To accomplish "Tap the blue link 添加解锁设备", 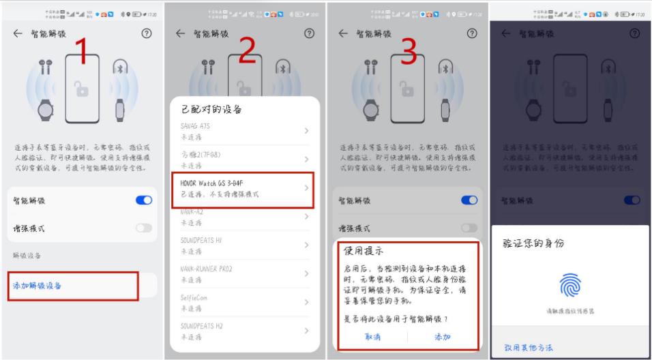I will [x=38, y=286].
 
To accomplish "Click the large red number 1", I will [x=83, y=52].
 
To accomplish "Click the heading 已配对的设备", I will [x=211, y=109].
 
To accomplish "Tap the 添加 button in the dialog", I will [x=443, y=337].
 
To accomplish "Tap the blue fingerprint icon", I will [x=570, y=286].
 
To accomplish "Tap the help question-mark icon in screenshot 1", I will [x=147, y=33].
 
